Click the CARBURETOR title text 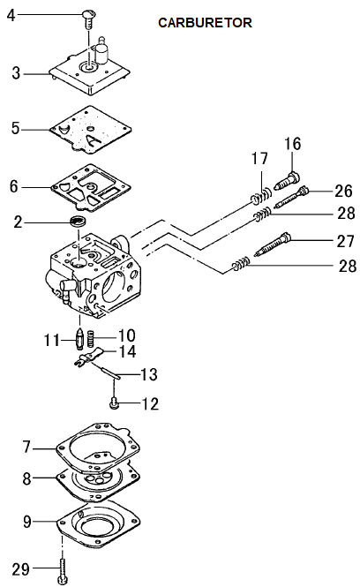click(205, 23)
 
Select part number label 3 click(16, 73)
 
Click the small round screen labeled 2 click(79, 221)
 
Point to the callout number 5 click(15, 128)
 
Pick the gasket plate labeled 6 click(91, 187)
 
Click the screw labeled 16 click(288, 181)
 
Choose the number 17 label click(259, 158)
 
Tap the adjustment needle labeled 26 click(292, 197)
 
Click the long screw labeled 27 click(273, 245)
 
